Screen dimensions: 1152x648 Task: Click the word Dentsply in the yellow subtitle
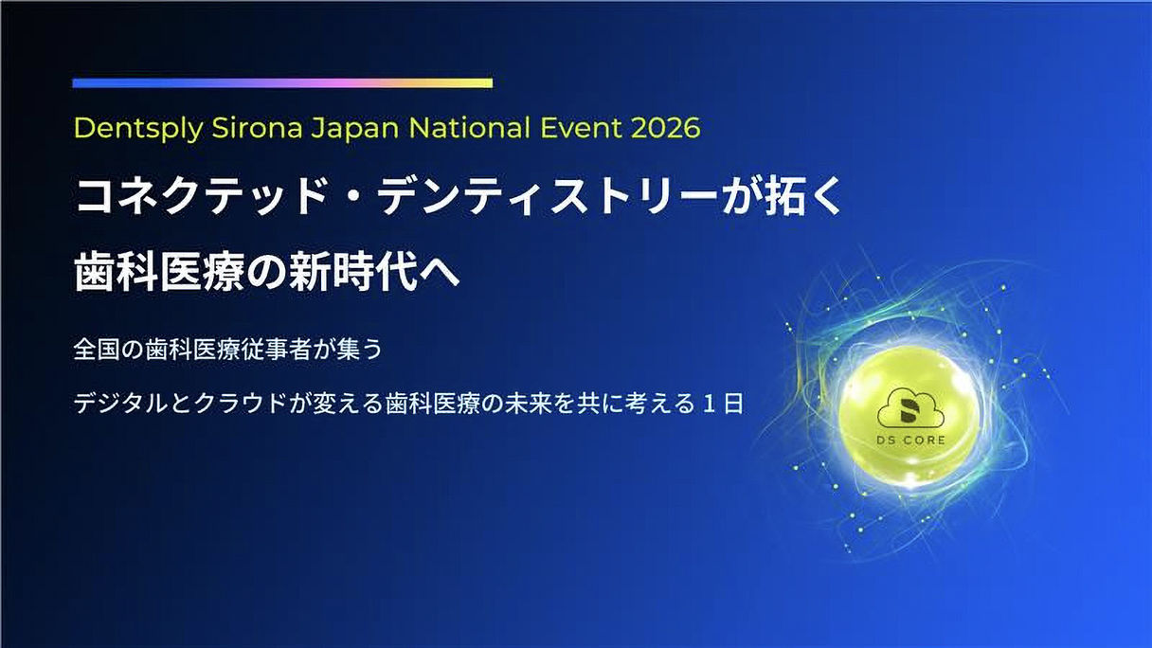(x=139, y=128)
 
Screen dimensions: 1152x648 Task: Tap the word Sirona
(x=257, y=127)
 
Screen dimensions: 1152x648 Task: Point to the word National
(x=469, y=127)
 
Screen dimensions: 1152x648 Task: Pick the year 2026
(x=665, y=128)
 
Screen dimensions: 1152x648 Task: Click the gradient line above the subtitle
(x=282, y=83)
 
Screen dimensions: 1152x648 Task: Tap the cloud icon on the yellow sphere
(x=910, y=408)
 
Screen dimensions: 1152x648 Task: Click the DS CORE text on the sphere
(x=910, y=441)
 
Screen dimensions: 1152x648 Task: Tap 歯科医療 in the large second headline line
(x=159, y=272)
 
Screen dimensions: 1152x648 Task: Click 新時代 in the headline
(x=352, y=272)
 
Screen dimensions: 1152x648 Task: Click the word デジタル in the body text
(x=121, y=404)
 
